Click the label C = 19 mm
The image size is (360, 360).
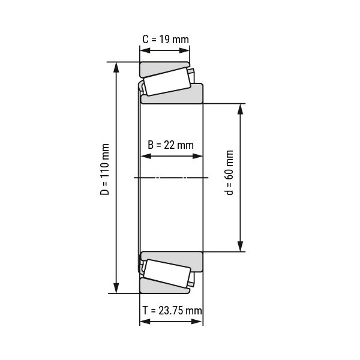(x=165, y=40)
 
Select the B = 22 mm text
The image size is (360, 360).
(x=171, y=145)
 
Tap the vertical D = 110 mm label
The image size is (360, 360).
(x=105, y=178)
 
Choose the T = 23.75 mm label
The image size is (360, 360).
(x=172, y=310)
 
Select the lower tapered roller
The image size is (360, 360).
(x=166, y=274)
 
